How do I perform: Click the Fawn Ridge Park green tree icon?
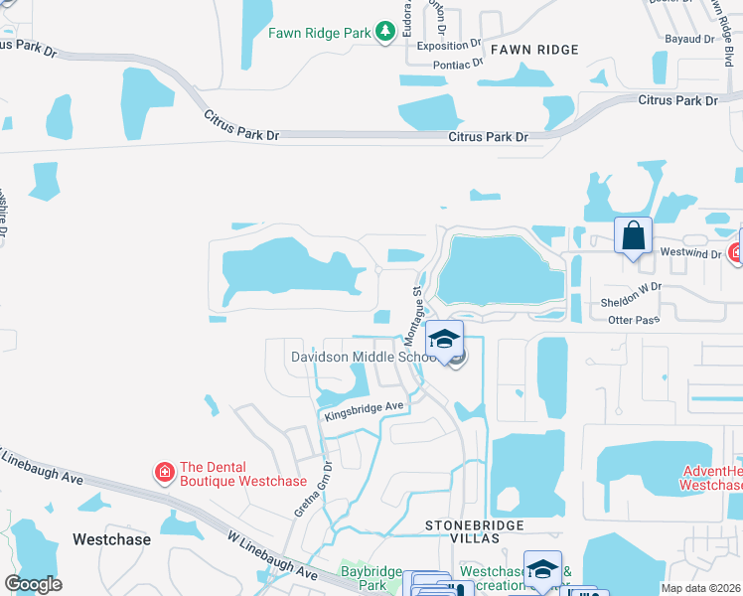pos(385,33)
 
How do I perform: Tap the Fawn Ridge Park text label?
pos(319,33)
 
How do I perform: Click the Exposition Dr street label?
pos(449,46)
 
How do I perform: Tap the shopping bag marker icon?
pos(633,236)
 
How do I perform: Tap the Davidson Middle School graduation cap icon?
pos(446,337)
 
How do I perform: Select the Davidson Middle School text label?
pos(363,357)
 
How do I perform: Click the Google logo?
pos(33,584)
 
